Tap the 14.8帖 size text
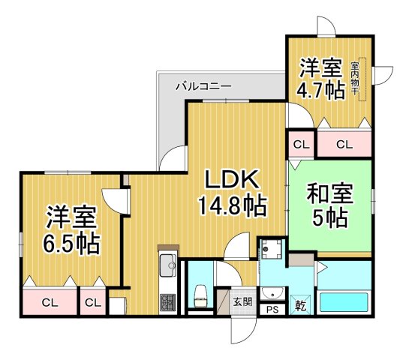point(232,205)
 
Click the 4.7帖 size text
point(322,90)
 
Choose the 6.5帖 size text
point(72,244)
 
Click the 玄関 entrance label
point(242,301)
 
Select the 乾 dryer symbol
point(299,304)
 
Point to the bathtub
point(344,303)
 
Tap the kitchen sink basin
point(166,263)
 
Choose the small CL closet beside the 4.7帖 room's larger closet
point(300,143)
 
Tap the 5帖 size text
point(329,219)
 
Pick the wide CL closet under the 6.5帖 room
point(50,303)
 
